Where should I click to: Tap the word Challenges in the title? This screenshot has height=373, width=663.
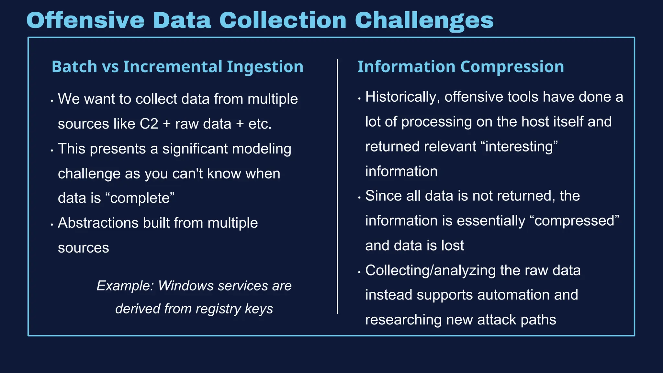point(424,20)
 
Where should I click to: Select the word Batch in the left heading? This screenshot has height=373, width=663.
point(74,67)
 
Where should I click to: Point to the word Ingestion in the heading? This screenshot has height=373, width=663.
point(265,67)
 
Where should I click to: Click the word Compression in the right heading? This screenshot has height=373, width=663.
point(512,67)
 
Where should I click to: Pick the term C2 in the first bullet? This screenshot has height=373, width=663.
point(149,124)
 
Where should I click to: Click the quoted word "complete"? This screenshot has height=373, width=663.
point(140,198)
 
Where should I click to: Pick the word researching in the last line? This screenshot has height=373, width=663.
point(403,320)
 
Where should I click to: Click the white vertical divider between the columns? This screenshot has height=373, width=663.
point(337,186)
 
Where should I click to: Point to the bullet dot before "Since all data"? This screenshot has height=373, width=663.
point(359,198)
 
